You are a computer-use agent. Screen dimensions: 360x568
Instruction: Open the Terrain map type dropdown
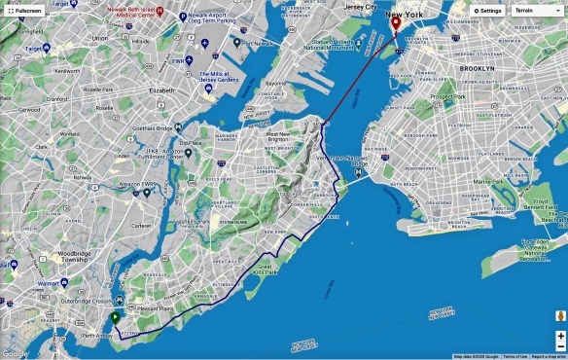(533, 11)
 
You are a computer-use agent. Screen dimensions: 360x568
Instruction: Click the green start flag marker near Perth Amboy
(115, 318)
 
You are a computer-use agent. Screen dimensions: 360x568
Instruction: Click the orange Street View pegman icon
(560, 316)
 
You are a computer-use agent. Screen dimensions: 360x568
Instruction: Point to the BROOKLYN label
(478, 69)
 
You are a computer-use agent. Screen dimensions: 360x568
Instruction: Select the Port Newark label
(258, 43)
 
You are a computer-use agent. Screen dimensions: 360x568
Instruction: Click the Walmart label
(47, 284)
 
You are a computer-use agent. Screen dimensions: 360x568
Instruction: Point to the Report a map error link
(548, 356)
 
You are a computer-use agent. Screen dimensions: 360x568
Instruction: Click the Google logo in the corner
(16, 353)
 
